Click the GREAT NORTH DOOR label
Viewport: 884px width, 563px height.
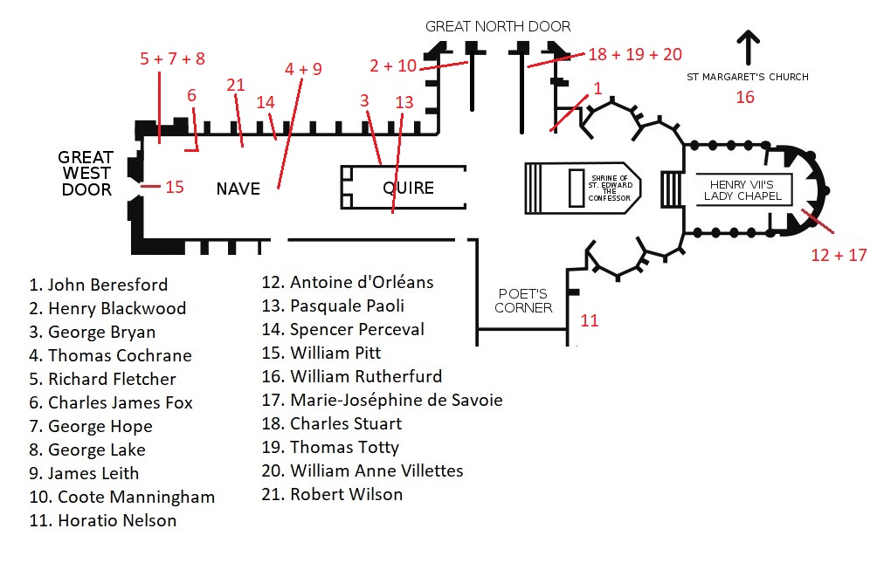tap(498, 26)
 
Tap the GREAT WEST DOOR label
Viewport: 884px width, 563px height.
tap(86, 173)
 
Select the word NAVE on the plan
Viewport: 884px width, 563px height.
tap(238, 189)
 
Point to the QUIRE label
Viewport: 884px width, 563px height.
tap(408, 188)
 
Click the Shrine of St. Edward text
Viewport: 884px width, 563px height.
tap(610, 189)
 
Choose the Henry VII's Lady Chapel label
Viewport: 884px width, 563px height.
tap(742, 190)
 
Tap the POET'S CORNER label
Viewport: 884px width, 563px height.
tap(523, 301)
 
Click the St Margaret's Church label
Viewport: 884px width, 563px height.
tap(748, 77)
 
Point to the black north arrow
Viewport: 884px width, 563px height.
tap(748, 47)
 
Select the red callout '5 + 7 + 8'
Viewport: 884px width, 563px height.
tap(172, 58)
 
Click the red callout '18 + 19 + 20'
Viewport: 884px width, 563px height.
tap(635, 54)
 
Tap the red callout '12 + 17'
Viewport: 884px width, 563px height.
tap(839, 255)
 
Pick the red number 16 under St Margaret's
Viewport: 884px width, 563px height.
tap(745, 97)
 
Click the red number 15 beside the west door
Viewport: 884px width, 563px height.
tap(175, 187)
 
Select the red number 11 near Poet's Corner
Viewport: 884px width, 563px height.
tap(589, 320)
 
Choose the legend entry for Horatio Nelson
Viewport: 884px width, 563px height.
tap(102, 520)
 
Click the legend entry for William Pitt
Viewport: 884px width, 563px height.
tap(321, 353)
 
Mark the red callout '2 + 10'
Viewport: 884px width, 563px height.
tap(393, 65)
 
